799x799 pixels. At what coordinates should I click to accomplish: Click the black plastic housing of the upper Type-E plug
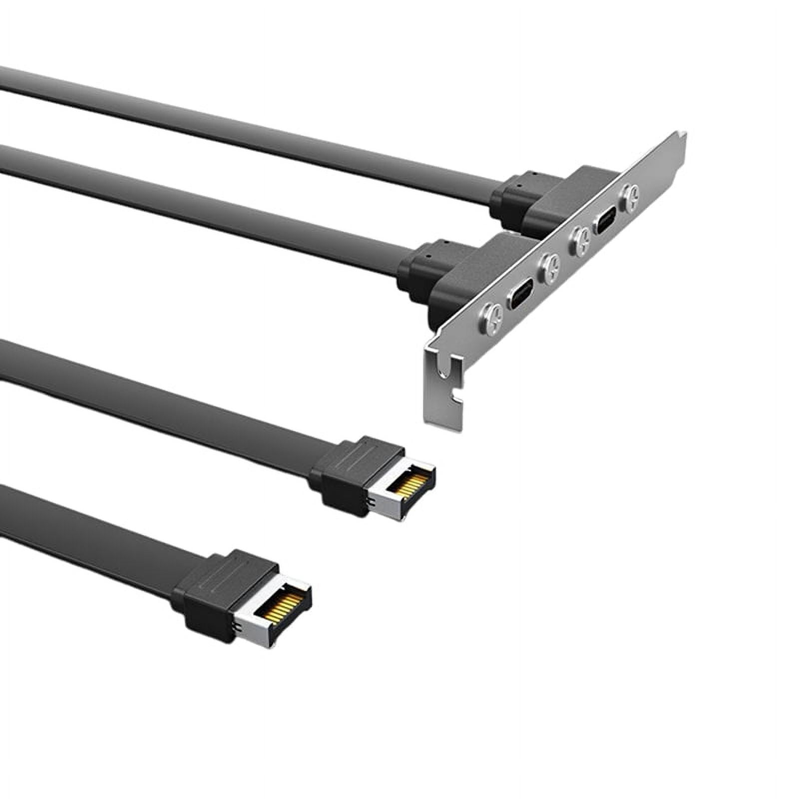(x=345, y=472)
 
